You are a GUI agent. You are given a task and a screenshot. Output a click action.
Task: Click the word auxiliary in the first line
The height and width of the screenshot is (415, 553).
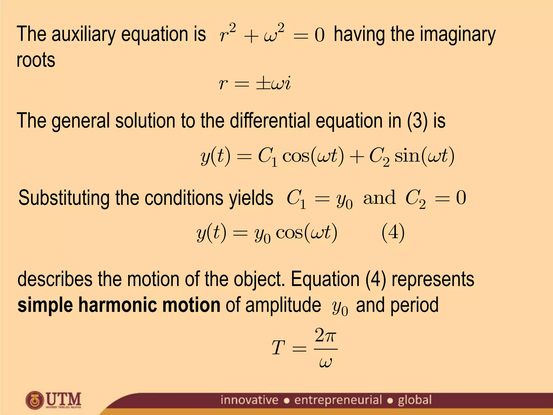coord(84,35)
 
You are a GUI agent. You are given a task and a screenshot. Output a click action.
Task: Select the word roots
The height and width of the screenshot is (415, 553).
coord(36,60)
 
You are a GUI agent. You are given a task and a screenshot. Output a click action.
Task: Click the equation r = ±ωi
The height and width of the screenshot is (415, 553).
coord(255,83)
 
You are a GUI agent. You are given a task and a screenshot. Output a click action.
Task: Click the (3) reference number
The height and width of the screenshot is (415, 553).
coord(417,121)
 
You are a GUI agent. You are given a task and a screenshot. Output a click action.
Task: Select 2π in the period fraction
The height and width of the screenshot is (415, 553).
coord(326,336)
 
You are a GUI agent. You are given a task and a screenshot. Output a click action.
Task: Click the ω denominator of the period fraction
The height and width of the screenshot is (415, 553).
coord(325,362)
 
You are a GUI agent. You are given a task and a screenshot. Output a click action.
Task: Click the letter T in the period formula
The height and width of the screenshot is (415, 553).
coord(278,348)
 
